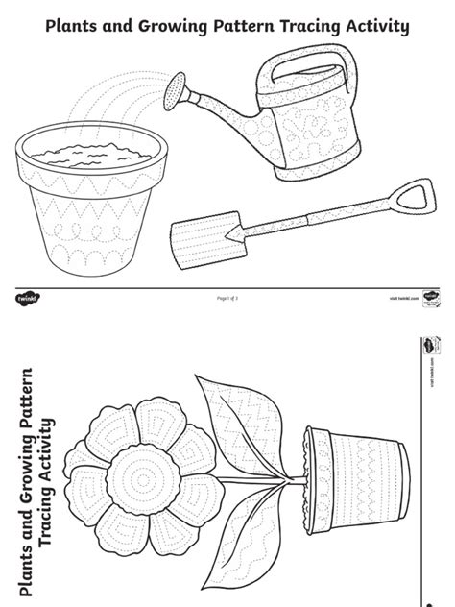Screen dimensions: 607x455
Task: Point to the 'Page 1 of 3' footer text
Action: coord(227,300)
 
